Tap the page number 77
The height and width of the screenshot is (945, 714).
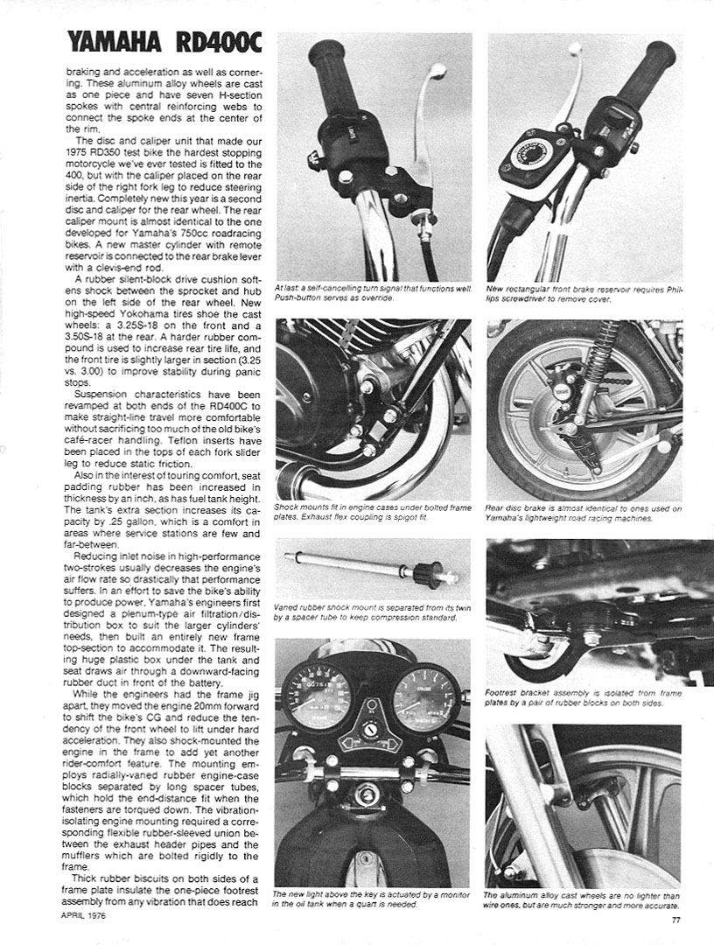[x=676, y=919]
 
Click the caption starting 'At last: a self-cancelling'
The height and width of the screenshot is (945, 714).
[x=373, y=292]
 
